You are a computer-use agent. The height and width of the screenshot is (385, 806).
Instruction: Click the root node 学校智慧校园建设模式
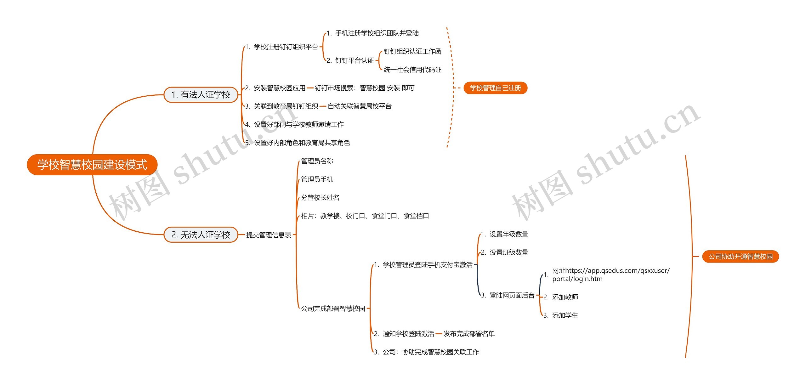pos(92,165)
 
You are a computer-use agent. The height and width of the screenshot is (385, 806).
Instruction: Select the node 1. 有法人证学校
pos(201,94)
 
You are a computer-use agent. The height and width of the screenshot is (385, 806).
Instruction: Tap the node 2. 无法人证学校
pos(201,235)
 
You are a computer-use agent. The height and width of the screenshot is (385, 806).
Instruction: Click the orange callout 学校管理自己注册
pos(495,88)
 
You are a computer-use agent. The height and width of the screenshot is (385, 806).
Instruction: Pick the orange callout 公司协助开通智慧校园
pos(740,257)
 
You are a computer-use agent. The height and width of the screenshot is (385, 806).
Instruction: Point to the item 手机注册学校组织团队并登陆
pos(377,33)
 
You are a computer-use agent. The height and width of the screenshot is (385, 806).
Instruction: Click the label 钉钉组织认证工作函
pos(412,51)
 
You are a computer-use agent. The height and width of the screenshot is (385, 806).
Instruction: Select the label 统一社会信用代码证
pos(412,70)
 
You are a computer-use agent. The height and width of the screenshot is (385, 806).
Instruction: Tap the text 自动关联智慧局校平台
pos(360,106)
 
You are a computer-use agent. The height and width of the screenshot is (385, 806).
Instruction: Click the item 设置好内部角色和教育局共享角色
pos(302,143)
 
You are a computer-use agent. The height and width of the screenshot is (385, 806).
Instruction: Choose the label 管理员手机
pos(317,179)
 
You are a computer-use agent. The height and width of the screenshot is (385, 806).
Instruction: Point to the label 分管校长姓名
pos(320,197)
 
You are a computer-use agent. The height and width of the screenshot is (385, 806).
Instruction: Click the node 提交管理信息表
pos(269,235)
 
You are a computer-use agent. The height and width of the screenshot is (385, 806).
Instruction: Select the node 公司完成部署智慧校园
pos(333,309)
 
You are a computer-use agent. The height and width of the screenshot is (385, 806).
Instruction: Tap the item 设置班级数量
pos(509,252)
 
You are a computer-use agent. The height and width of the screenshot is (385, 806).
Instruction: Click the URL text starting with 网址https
pos(610,275)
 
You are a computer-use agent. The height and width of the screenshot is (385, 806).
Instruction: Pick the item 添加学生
pos(565,315)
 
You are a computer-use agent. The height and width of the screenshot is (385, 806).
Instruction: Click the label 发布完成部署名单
pos(469,333)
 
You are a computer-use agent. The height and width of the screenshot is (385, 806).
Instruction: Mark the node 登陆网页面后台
pos(512,295)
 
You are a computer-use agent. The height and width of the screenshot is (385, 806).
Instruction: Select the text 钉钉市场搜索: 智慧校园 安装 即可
pos(365,88)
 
